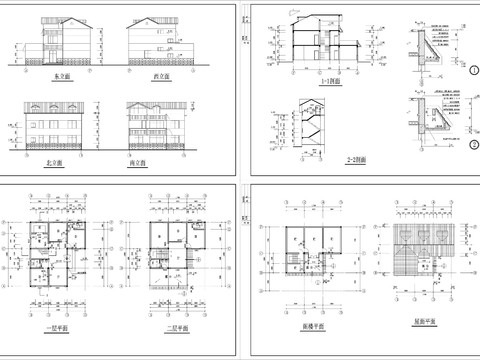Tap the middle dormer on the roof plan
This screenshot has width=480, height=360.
(411, 232)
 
